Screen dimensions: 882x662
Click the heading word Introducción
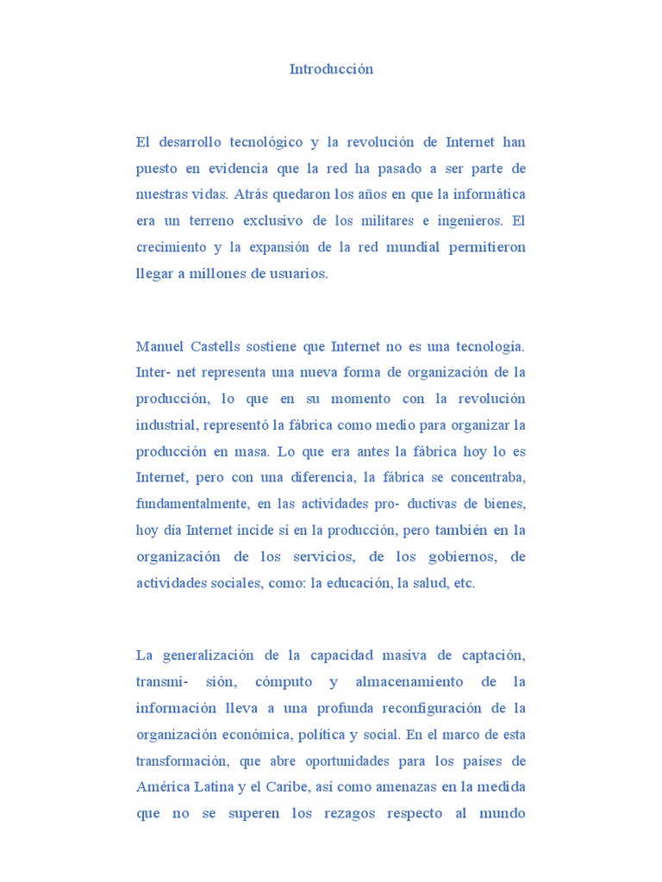tap(331, 70)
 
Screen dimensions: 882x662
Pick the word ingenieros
tap(474, 220)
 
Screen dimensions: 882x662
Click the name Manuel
tap(159, 347)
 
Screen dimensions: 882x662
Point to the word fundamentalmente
tap(193, 504)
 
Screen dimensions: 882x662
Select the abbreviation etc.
tap(464, 583)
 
